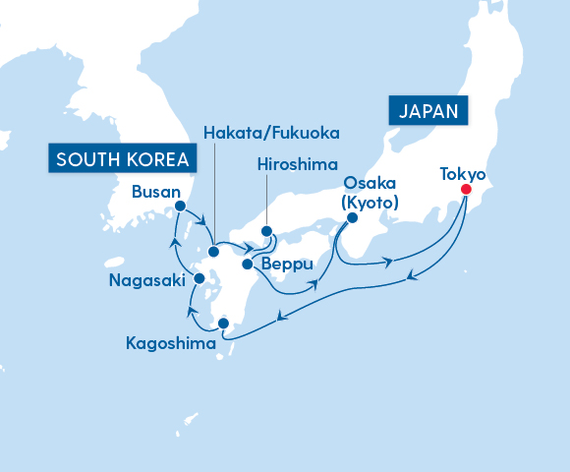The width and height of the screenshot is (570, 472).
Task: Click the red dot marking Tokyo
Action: click(466, 190)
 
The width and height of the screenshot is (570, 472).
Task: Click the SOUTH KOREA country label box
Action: click(121, 158)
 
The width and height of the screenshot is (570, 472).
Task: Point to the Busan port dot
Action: click(180, 206)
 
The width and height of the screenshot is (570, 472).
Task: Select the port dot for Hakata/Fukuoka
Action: click(213, 252)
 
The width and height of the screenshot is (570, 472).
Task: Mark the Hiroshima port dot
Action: click(266, 232)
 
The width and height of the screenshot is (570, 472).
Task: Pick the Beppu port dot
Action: click(247, 264)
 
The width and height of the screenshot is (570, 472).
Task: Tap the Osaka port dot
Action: click(352, 219)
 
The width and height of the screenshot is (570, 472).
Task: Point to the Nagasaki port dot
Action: click(199, 279)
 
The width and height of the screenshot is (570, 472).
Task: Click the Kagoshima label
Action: click(171, 343)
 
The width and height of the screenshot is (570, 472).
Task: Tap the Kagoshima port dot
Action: click(223, 323)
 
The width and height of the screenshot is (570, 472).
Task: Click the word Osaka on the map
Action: click(369, 184)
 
